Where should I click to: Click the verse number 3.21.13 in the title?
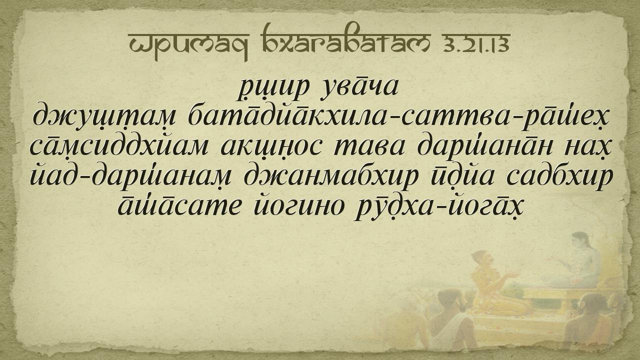coord(476,44)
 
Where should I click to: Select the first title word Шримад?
coord(189,45)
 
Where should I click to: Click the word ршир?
coord(273,89)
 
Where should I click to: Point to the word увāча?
coord(359,87)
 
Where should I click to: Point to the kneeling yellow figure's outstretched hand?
coord(513,275)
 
